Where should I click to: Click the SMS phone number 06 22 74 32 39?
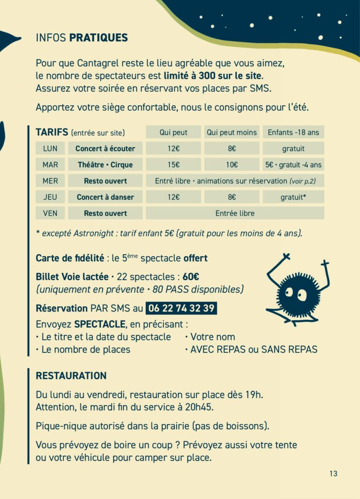pyautogui.click(x=181, y=308)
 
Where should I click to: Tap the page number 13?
pyautogui.click(x=333, y=474)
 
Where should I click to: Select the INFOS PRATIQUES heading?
pyautogui.click(x=82, y=38)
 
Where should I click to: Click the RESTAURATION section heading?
pyautogui.click(x=71, y=376)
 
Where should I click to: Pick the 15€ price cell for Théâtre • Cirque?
pyautogui.click(x=173, y=164)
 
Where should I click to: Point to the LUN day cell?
pyautogui.click(x=50, y=149)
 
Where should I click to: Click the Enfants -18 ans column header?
pyautogui.click(x=293, y=132)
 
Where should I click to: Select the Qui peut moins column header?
pyautogui.click(x=232, y=132)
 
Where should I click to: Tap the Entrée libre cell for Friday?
pyautogui.click(x=235, y=213)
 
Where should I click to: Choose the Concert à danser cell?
pyautogui.click(x=105, y=197)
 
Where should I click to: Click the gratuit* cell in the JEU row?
pyautogui.click(x=293, y=197)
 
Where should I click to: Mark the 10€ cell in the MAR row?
pyautogui.click(x=232, y=164)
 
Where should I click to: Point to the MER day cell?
pyautogui.click(x=50, y=181)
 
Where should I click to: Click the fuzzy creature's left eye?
pyautogui.click(x=289, y=293)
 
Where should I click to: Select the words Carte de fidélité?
pyautogui.click(x=70, y=258)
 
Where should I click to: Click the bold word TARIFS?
pyautogui.click(x=52, y=132)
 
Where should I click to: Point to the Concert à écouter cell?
pyautogui.click(x=105, y=149)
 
